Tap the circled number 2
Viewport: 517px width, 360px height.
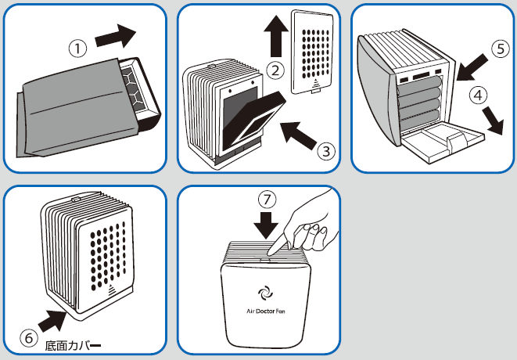(275, 70)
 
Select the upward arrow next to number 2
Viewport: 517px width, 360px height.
(275, 32)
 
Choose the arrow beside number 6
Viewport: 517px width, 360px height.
(51, 319)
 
